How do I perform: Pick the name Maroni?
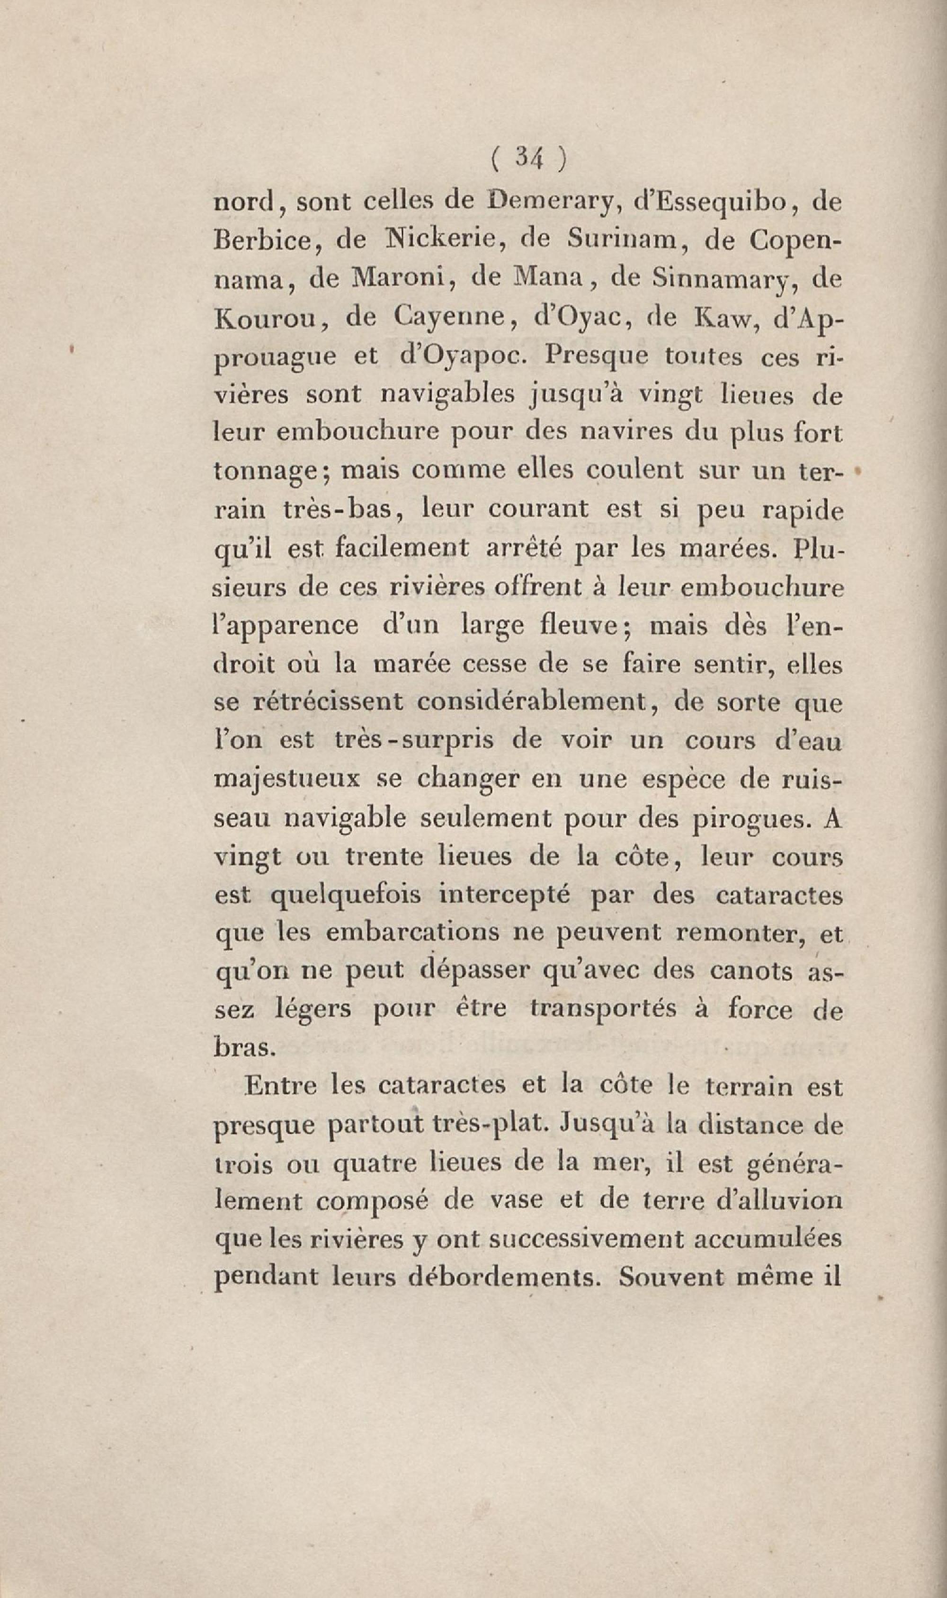[397, 279]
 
